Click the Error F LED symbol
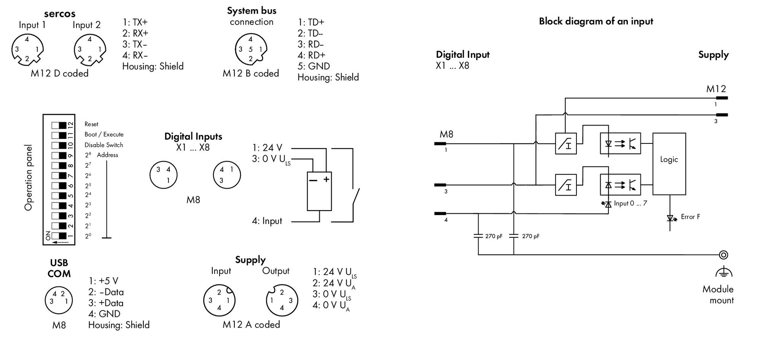click(670, 218)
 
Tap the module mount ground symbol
click(724, 272)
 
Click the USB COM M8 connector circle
click(59, 300)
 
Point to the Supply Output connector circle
click(282, 301)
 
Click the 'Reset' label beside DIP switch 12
click(91, 124)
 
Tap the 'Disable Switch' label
click(104, 145)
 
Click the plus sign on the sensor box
click(326, 179)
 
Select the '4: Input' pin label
click(267, 221)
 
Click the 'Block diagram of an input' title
click(596, 21)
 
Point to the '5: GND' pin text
click(314, 66)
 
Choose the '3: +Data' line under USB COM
click(106, 303)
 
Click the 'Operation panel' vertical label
click(28, 177)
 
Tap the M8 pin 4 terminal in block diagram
click(440, 213)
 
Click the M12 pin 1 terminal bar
click(722, 98)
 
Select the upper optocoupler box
click(620, 143)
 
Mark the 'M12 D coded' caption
click(60, 73)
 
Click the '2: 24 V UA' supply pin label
click(334, 284)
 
